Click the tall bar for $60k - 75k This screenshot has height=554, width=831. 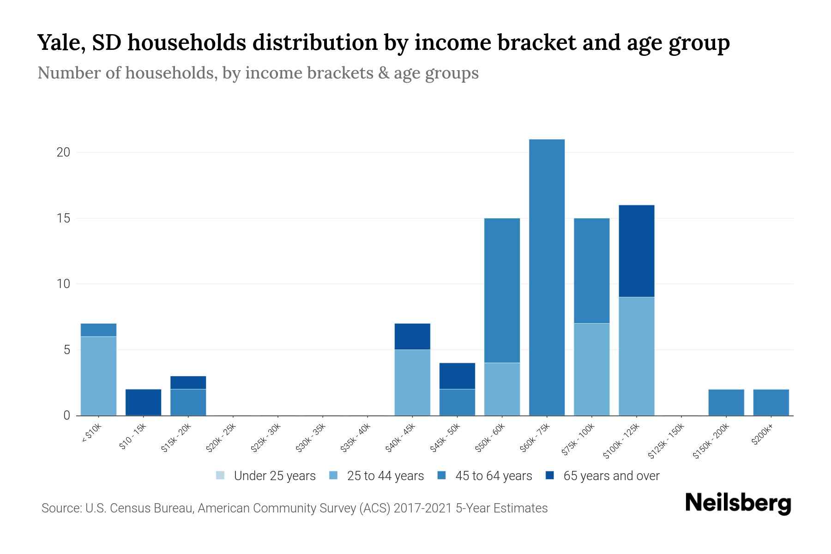pyautogui.click(x=547, y=277)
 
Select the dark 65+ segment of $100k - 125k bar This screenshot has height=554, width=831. pyautogui.click(x=636, y=251)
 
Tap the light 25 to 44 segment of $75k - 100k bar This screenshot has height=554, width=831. pyautogui.click(x=591, y=369)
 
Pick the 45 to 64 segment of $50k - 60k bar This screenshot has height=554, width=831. pyautogui.click(x=502, y=290)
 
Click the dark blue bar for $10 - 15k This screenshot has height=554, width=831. pyautogui.click(x=143, y=402)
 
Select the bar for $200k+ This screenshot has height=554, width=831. pyautogui.click(x=771, y=402)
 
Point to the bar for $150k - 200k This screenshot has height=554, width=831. pyautogui.click(x=726, y=402)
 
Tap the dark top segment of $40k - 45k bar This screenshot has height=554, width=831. pyautogui.click(x=412, y=337)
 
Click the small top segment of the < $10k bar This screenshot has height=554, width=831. pyautogui.click(x=98, y=330)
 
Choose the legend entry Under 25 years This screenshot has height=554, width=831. pyautogui.click(x=274, y=476)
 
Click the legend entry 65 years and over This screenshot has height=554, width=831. pyautogui.click(x=611, y=476)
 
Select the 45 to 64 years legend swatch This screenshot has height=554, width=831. pyautogui.click(x=442, y=476)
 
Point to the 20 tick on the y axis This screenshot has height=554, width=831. pyautogui.click(x=63, y=152)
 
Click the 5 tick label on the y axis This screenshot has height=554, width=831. pyautogui.click(x=66, y=350)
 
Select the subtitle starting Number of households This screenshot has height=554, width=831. pyautogui.click(x=258, y=73)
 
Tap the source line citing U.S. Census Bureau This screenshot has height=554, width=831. pyautogui.click(x=294, y=508)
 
